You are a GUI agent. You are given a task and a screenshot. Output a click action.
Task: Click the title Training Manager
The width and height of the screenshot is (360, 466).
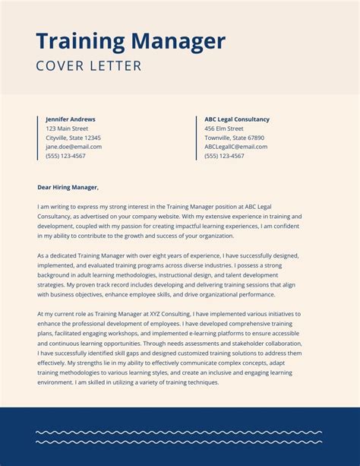click(x=131, y=41)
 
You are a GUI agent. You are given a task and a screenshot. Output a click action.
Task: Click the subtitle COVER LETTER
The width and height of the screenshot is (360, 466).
click(x=89, y=66)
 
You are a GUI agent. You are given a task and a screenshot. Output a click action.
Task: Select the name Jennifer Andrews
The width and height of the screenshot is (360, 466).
click(x=71, y=119)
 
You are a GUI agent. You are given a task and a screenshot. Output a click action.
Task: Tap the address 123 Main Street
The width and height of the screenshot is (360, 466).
click(x=67, y=128)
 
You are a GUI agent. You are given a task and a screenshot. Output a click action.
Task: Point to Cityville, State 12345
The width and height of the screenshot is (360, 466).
click(x=73, y=138)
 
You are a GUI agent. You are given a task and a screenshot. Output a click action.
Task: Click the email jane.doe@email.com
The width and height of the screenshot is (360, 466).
click(x=74, y=147)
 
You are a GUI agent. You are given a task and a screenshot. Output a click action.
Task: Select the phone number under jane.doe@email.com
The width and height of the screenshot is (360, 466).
click(x=65, y=156)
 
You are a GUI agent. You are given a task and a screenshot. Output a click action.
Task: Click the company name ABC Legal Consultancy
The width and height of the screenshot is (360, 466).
click(x=237, y=119)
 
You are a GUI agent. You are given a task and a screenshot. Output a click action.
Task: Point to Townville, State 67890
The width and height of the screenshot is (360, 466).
click(x=234, y=138)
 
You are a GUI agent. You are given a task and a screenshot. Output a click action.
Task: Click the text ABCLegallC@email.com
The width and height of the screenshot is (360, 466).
click(x=235, y=147)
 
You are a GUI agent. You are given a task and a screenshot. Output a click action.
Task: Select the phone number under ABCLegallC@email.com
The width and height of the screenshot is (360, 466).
click(x=224, y=156)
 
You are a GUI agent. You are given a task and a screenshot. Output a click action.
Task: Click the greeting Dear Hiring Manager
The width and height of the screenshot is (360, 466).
click(x=68, y=187)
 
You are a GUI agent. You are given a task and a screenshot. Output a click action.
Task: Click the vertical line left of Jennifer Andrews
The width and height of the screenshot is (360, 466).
click(x=37, y=138)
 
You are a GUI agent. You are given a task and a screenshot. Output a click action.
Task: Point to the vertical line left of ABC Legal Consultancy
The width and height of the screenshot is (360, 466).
click(x=196, y=138)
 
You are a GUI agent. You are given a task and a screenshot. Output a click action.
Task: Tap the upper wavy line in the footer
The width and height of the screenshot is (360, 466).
click(x=179, y=433)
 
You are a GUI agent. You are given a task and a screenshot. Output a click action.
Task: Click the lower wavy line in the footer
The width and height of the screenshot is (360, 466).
click(x=179, y=442)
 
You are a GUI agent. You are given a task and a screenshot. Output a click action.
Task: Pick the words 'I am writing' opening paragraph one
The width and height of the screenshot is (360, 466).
click(x=52, y=206)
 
